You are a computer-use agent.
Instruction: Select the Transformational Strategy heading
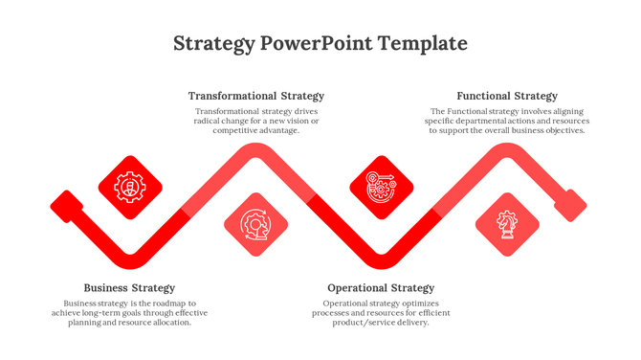click(255, 96)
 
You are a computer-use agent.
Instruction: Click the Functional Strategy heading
click(506, 96)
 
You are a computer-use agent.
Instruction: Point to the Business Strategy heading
click(129, 288)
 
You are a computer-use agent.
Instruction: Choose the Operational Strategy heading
click(381, 288)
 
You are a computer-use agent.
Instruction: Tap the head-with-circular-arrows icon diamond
click(255, 225)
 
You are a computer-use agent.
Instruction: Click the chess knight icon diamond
click(506, 225)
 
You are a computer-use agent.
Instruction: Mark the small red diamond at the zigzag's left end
click(66, 205)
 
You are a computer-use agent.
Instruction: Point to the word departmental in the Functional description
click(482, 121)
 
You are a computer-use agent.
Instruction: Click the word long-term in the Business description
click(105, 313)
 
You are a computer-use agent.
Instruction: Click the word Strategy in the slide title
click(214, 44)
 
